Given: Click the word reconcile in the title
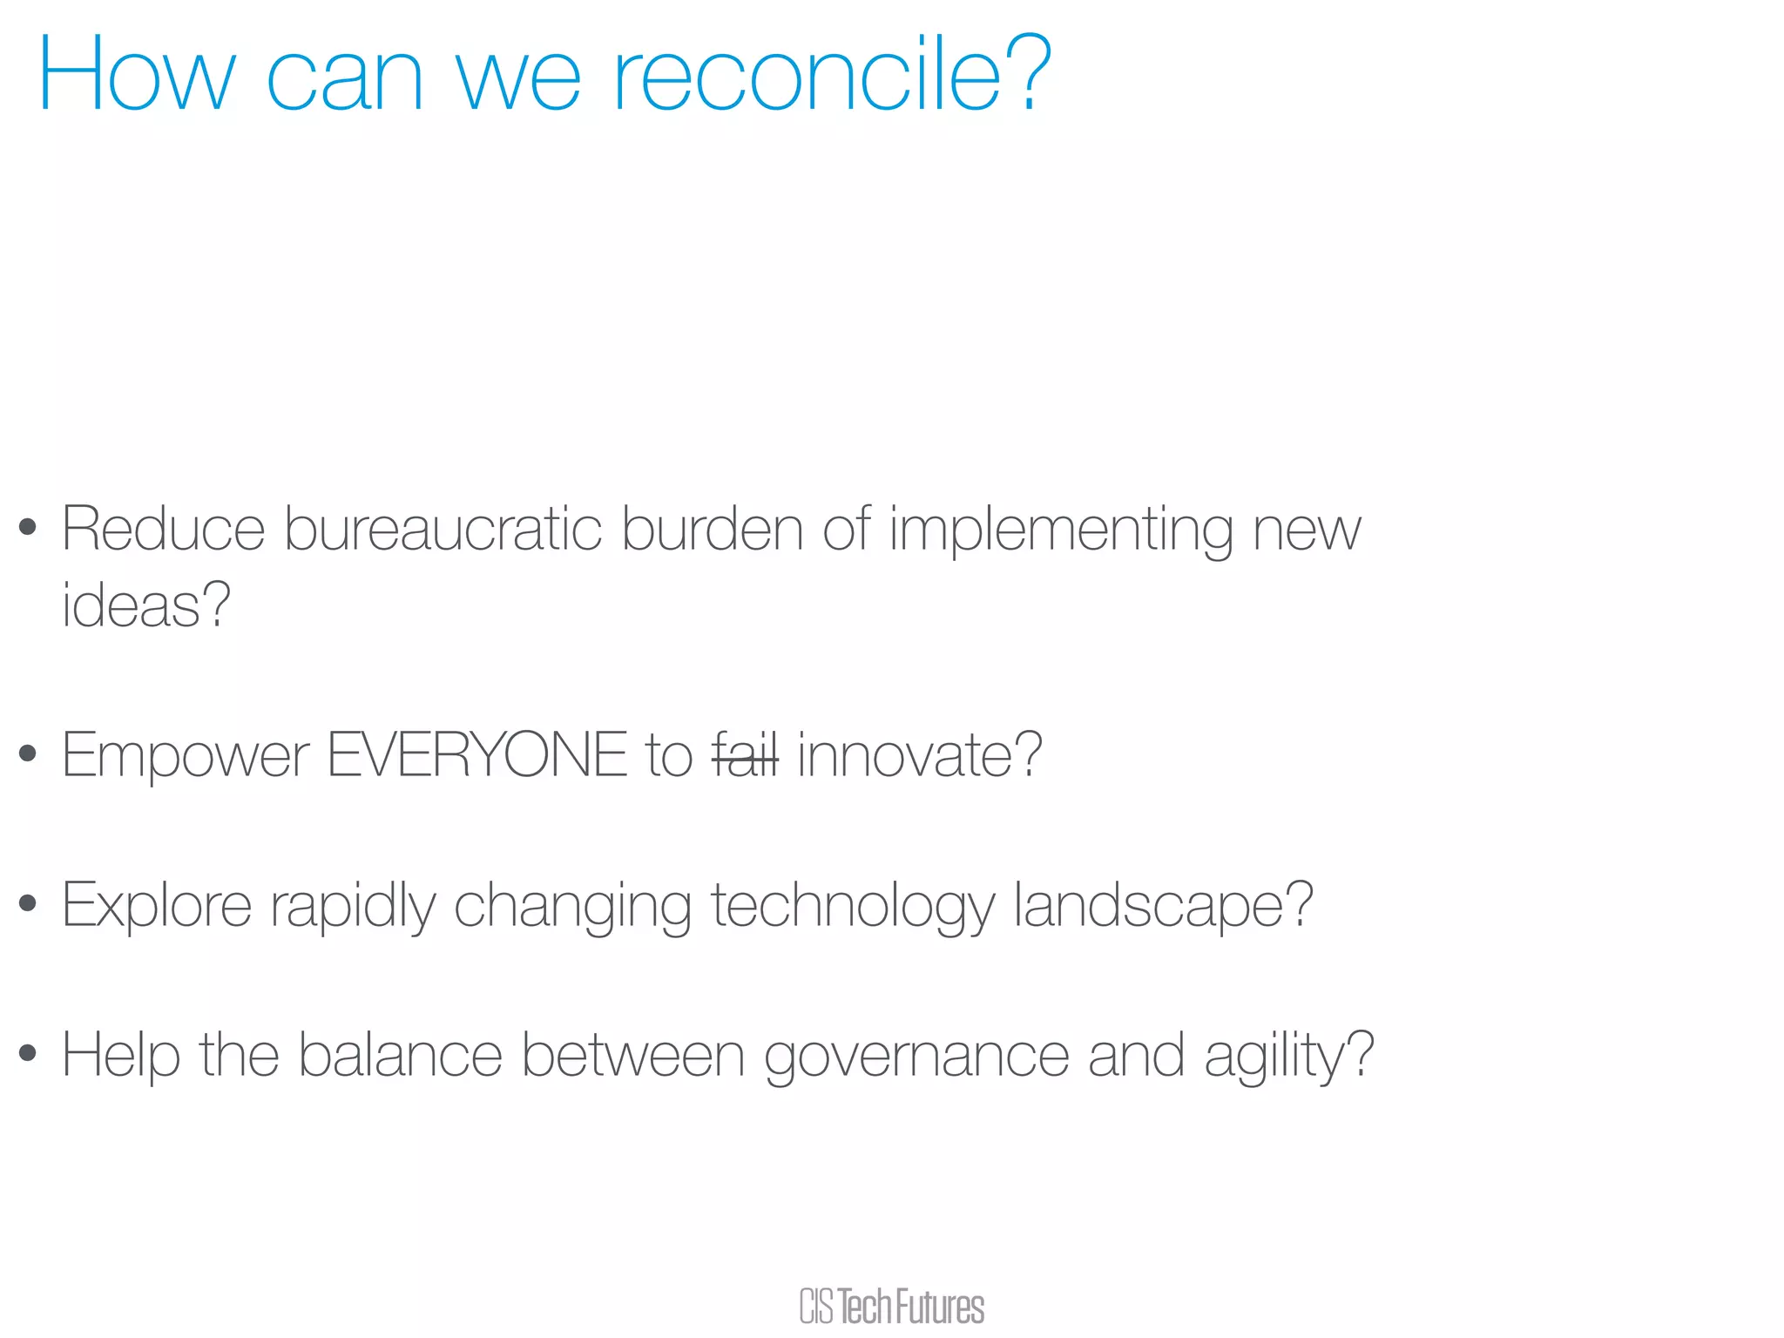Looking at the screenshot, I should point(808,77).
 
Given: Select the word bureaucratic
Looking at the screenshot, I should point(443,530).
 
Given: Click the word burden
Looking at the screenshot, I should point(712,530).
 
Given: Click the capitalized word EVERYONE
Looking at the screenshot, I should point(476,755).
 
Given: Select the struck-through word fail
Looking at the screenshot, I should point(745,755).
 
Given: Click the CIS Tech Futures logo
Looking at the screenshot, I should point(892,1307).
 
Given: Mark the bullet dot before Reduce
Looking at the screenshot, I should point(28,526).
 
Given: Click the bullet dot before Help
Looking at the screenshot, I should point(28,1053).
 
